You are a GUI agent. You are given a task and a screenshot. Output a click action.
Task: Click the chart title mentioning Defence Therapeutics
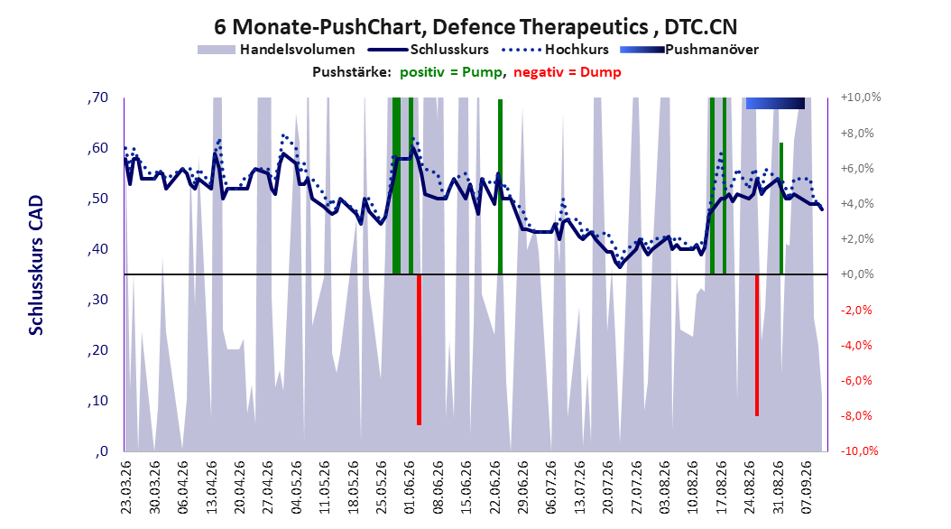pos(475,27)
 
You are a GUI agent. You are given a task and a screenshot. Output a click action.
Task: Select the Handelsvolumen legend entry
pos(276,50)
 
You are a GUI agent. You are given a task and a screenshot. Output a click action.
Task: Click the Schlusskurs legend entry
pos(429,50)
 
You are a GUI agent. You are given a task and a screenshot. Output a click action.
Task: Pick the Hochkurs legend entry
pos(556,50)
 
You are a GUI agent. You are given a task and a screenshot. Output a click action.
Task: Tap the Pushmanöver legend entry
pos(689,50)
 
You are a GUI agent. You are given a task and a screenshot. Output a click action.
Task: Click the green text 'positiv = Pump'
pos(451,72)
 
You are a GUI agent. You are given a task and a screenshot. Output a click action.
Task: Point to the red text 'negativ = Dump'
pos(568,72)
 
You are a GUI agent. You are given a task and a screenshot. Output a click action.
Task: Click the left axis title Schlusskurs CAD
pos(36,264)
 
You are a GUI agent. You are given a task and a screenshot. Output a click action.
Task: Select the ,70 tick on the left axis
pos(97,97)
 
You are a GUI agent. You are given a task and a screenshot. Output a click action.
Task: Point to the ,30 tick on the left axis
pos(97,300)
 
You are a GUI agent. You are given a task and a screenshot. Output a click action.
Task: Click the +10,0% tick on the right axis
pos(860,97)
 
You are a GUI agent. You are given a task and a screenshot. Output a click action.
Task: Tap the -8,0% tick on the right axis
pos(857,415)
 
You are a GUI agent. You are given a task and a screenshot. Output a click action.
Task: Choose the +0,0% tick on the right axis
pos(857,274)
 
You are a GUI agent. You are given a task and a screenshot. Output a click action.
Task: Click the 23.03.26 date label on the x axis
pos(125,487)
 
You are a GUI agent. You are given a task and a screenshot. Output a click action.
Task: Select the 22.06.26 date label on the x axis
pos(494,487)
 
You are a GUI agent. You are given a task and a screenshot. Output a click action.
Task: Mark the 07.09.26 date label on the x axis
pos(807,487)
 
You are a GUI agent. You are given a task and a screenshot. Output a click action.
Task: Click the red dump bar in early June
pos(419,349)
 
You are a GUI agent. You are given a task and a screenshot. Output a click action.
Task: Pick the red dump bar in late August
pos(757,345)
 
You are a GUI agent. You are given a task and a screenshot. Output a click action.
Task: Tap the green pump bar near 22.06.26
pos(501,187)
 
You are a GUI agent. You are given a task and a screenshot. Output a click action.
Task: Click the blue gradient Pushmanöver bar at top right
pos(775,103)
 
